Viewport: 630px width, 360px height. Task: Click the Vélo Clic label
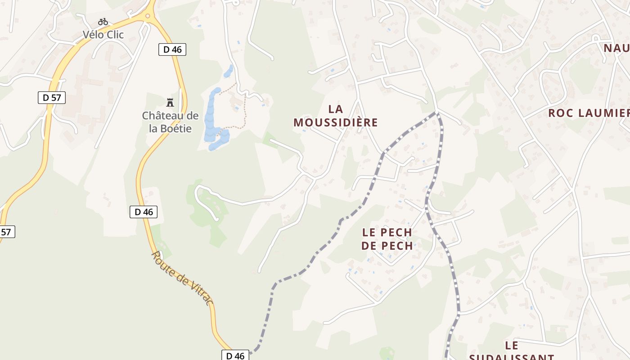103,35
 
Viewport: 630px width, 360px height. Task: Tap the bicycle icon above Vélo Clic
103,22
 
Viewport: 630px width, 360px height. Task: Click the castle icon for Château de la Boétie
170,103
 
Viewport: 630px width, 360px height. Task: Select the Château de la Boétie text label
170,122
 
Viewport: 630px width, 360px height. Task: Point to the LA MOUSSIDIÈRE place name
336,116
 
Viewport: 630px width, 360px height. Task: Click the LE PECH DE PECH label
387,239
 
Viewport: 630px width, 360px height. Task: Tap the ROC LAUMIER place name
588,113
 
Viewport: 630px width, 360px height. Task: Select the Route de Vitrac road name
182,278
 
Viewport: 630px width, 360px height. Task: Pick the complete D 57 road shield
52,97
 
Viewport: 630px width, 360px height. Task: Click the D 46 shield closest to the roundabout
172,49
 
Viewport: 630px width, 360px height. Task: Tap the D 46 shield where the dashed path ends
235,355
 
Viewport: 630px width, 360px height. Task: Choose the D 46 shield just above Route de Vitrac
144,212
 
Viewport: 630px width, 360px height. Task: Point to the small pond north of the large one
229,71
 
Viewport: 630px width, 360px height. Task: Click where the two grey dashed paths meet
436,112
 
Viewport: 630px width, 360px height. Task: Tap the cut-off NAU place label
616,48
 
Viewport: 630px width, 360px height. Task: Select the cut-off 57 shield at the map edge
6,232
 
